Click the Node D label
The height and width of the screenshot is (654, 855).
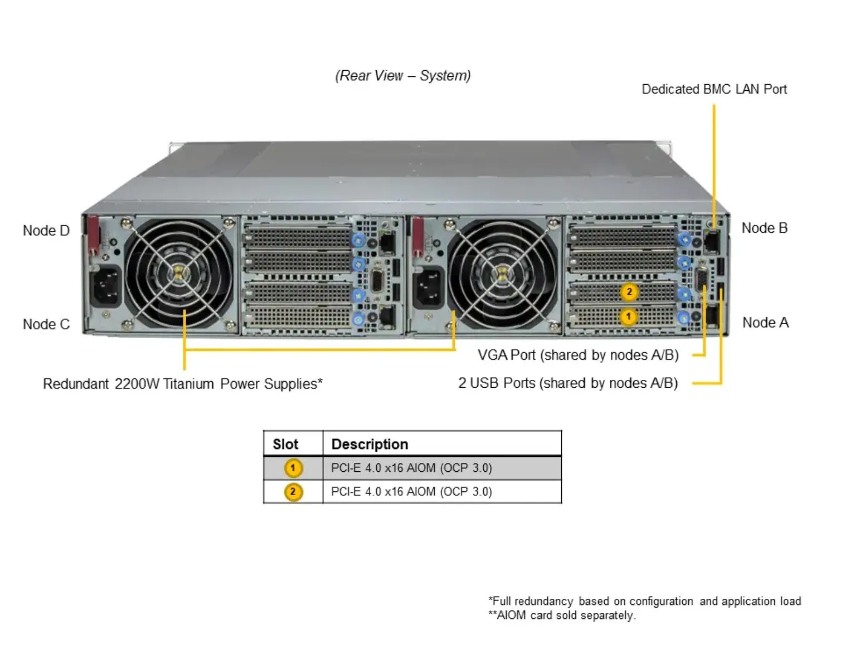[x=46, y=231]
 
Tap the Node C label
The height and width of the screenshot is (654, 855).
[x=46, y=324]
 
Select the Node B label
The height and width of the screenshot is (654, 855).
[x=764, y=228]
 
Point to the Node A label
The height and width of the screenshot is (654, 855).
[x=765, y=323]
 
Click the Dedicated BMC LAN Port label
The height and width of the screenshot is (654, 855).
[x=714, y=89]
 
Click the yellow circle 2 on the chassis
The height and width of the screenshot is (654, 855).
[x=629, y=291]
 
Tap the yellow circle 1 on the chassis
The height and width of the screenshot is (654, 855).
[x=628, y=316]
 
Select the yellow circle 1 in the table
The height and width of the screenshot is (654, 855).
[x=293, y=468]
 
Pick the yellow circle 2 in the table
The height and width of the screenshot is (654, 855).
[x=293, y=492]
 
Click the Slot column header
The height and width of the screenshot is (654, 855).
[x=285, y=444]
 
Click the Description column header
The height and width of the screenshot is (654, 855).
[x=370, y=444]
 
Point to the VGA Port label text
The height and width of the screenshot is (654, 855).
[x=577, y=355]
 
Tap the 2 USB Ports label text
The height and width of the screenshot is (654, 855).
[x=567, y=383]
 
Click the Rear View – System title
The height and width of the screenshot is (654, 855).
[x=402, y=76]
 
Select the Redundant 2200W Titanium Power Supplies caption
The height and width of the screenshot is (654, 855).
[x=182, y=384]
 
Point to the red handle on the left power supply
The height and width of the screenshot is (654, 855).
[x=93, y=235]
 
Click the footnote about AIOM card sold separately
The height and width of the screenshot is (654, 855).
[x=561, y=616]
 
